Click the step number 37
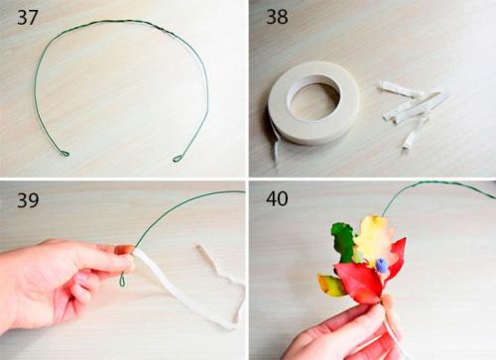click(28, 18)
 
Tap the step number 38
click(277, 17)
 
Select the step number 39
click(28, 200)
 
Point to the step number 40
click(277, 198)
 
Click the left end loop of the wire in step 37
click(64, 153)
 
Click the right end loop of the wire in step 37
click(178, 158)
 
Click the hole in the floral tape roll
click(312, 101)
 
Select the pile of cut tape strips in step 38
click(412, 111)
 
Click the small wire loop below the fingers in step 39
click(123, 280)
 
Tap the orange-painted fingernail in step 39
click(124, 250)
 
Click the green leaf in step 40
click(344, 242)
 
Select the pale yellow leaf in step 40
click(374, 237)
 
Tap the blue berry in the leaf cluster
click(381, 265)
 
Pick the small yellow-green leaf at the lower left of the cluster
click(331, 285)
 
